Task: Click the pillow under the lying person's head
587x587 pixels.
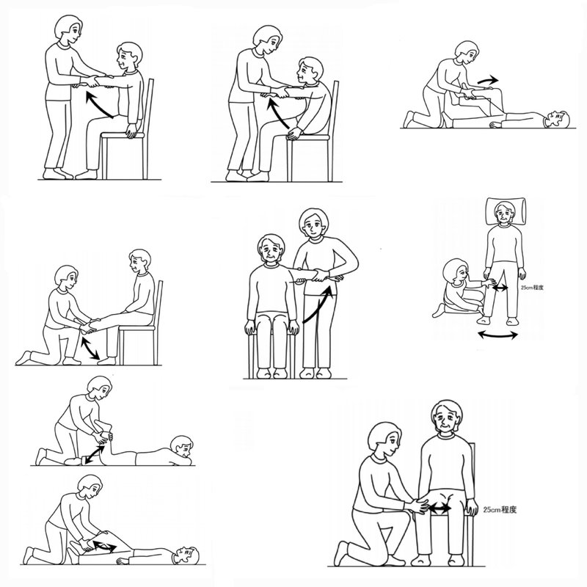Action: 506,212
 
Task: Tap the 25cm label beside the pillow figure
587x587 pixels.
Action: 532,288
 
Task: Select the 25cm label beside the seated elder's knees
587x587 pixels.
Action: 500,509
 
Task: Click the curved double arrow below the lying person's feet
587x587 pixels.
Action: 498,336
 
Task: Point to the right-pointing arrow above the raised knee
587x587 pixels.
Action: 488,80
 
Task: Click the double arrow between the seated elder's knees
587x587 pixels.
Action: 440,508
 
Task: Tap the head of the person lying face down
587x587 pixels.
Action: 182,445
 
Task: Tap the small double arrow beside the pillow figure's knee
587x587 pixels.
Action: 500,288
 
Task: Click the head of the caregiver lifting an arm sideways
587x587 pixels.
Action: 314,223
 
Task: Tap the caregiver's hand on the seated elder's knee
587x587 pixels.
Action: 418,506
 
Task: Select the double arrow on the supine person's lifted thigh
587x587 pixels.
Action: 104,546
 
